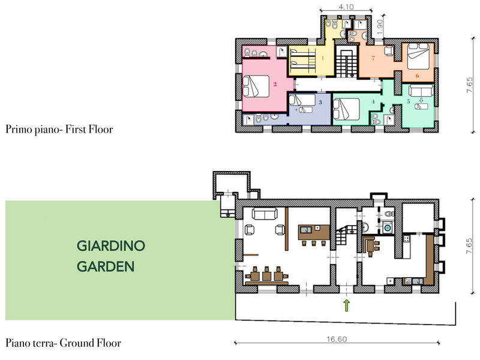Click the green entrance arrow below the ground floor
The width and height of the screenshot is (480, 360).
(x=347, y=305)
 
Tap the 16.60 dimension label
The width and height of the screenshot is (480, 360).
(x=337, y=339)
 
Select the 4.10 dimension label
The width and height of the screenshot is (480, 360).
(x=346, y=7)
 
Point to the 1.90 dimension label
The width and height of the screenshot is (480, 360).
(x=380, y=27)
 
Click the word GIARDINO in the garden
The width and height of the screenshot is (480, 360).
(x=111, y=246)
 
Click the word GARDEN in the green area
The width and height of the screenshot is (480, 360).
(x=106, y=266)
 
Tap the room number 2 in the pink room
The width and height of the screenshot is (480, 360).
(x=275, y=84)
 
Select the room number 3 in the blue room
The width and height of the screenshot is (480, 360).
(x=320, y=102)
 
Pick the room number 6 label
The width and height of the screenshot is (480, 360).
(x=417, y=76)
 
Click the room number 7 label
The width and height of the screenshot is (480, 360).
(x=373, y=58)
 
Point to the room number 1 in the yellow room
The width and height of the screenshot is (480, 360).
(x=323, y=58)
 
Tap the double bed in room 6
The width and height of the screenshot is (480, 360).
(x=418, y=56)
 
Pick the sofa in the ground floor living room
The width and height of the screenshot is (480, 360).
(x=265, y=214)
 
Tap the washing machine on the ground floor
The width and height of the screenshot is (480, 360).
(x=387, y=227)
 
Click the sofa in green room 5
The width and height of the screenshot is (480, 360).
(x=421, y=91)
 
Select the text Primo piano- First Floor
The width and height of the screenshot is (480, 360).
(x=59, y=129)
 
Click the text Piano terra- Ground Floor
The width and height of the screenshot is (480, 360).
(x=64, y=343)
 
